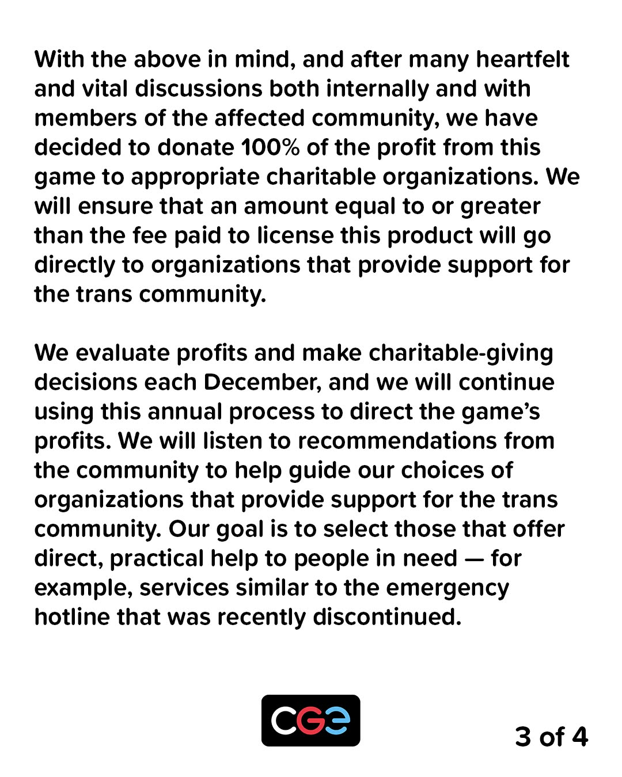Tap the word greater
500,207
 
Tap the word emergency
447,588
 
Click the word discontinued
387,617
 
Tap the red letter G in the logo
310,721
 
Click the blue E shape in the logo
337,721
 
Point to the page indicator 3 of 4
551,737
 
